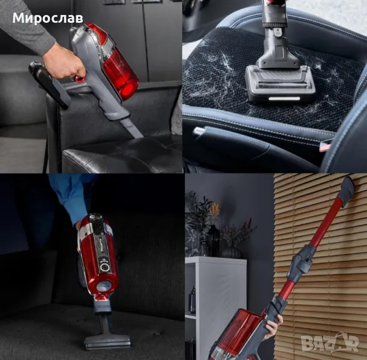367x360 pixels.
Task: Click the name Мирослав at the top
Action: pos(48,18)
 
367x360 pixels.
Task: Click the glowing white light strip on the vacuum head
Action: pos(284,98)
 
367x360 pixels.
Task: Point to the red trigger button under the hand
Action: pos(80,79)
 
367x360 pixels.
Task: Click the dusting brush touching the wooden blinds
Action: pos(348,191)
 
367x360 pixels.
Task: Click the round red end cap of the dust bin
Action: pos(128,90)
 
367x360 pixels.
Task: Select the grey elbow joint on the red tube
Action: pos(302,263)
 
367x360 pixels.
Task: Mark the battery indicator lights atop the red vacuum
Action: pos(97,217)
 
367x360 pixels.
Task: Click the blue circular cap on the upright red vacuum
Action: pos(104,287)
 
